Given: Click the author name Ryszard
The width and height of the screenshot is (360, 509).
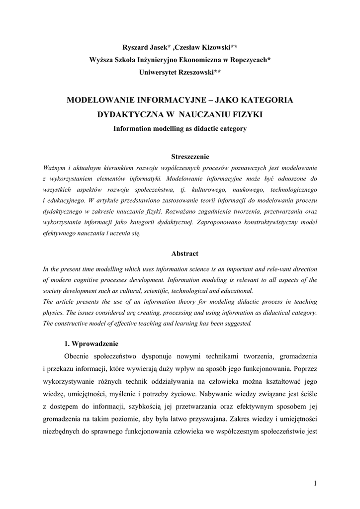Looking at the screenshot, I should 137,47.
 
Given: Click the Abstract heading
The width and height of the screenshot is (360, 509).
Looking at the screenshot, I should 185,254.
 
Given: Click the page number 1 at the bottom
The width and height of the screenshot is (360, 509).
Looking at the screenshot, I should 315,483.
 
